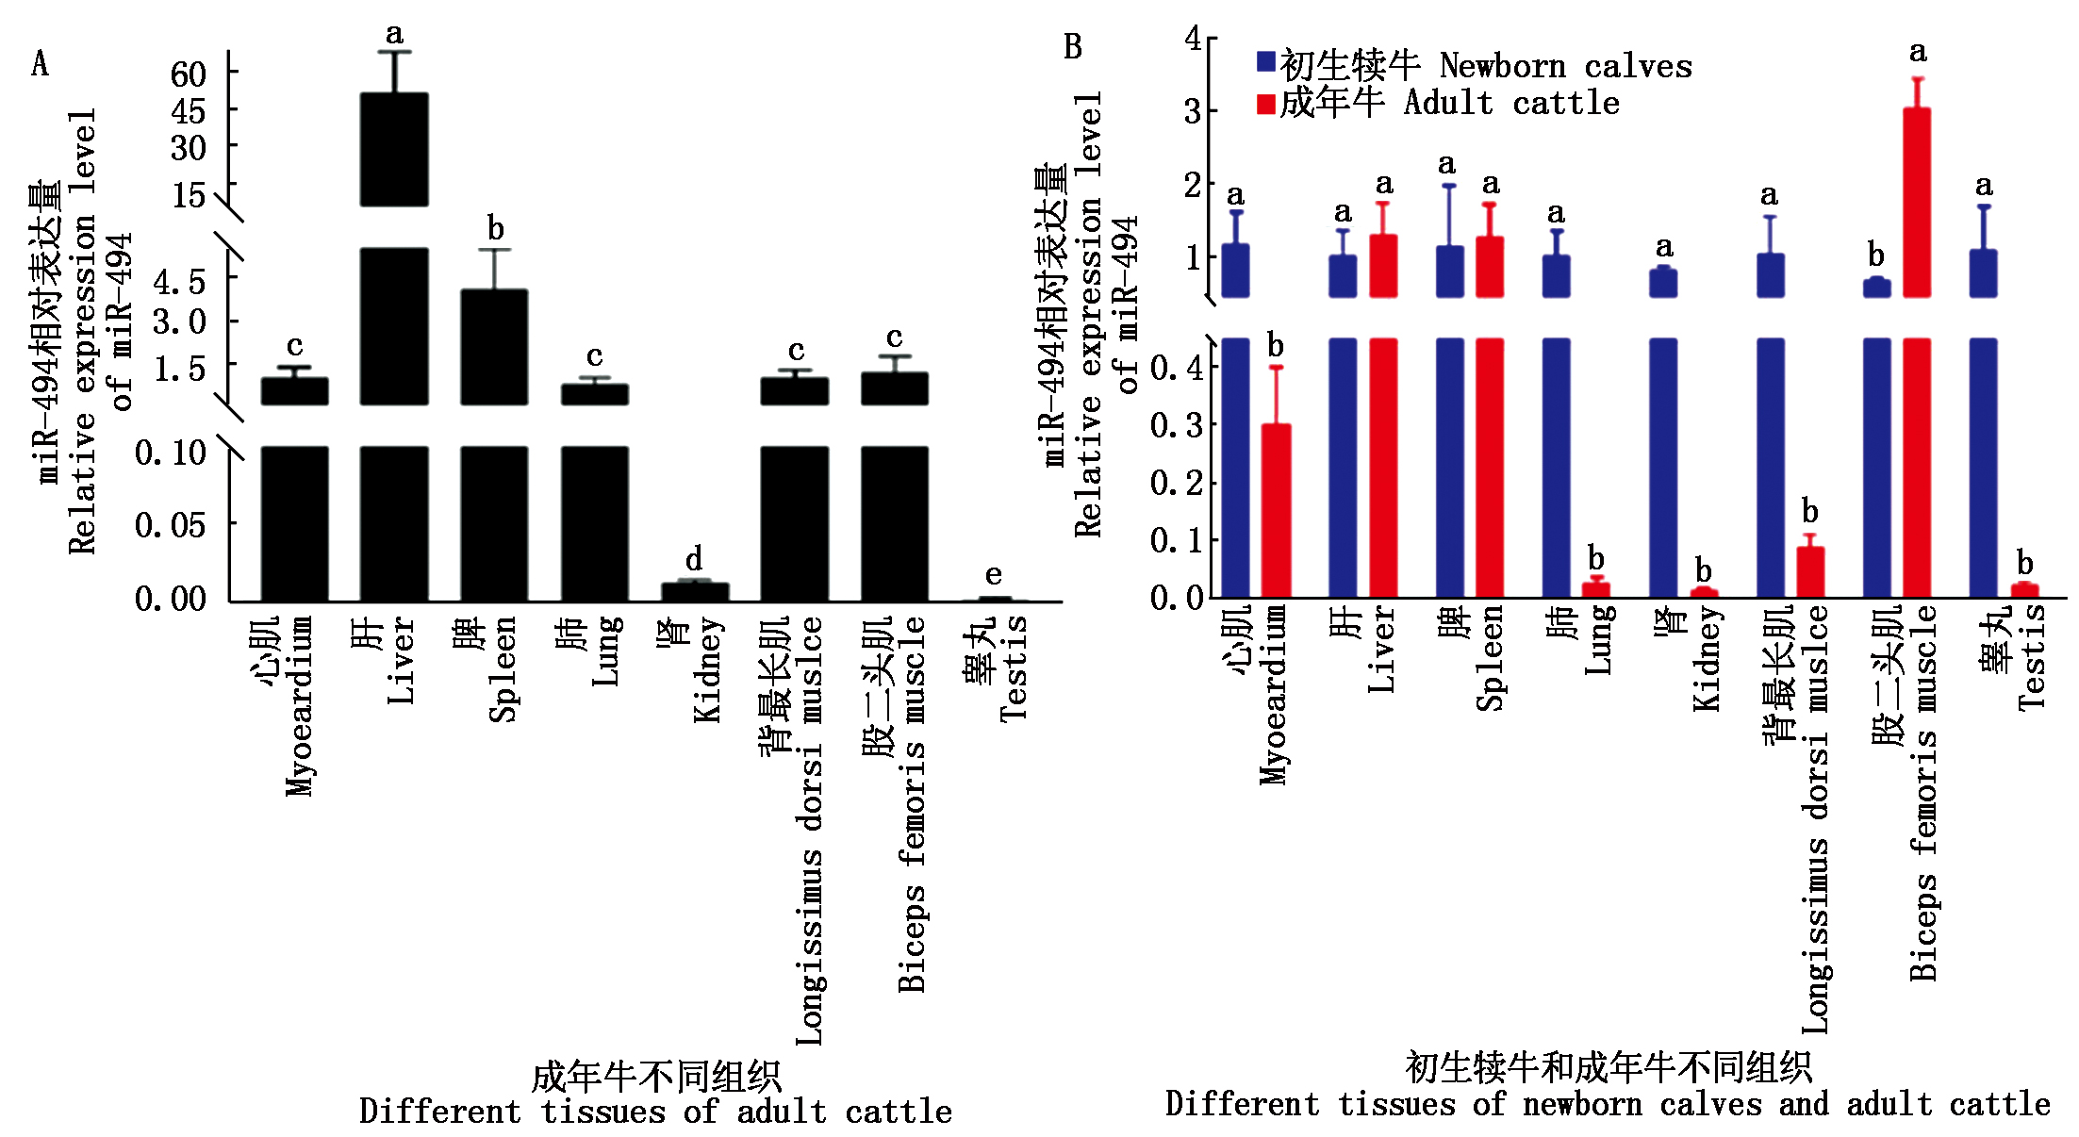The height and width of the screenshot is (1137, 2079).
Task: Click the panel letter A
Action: [x=40, y=63]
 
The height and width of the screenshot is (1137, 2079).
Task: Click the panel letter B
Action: [x=1072, y=46]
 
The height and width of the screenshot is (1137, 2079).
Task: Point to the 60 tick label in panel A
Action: [x=188, y=74]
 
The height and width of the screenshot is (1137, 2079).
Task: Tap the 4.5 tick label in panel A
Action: [x=179, y=281]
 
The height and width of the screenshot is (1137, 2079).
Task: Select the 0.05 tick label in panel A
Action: [x=170, y=524]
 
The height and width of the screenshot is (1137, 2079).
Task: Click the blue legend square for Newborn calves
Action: [x=1265, y=62]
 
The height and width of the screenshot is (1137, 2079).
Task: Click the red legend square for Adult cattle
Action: [x=1265, y=103]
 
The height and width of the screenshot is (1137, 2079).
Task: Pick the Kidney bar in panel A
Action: [x=695, y=591]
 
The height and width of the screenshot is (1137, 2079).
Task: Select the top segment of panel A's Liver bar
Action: [x=394, y=149]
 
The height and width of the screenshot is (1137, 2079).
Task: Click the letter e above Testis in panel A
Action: [x=993, y=574]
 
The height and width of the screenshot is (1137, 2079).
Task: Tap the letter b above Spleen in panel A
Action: [x=495, y=228]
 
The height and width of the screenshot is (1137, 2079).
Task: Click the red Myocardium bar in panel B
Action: [x=1276, y=510]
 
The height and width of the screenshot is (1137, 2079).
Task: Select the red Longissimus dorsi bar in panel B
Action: [x=1810, y=571]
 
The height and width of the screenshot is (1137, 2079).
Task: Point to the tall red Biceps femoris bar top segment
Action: [x=1917, y=202]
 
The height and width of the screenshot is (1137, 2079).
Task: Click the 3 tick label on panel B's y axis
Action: [x=1193, y=111]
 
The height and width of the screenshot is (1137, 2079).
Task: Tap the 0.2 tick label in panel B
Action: [x=1176, y=483]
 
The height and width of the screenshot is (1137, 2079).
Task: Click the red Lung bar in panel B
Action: [x=1595, y=589]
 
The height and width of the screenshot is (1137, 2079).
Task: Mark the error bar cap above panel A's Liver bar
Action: [x=394, y=52]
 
